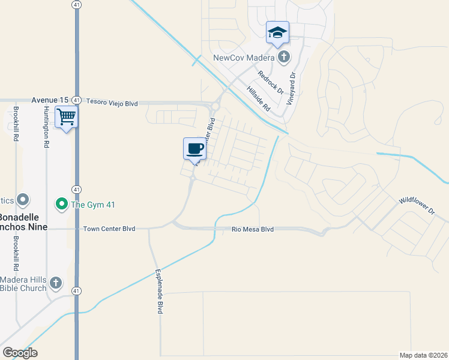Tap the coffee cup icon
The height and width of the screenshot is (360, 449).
(194, 148)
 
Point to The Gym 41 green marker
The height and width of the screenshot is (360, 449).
(61, 205)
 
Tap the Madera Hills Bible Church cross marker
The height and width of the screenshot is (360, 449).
(55, 283)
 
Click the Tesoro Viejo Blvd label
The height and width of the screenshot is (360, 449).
(112, 103)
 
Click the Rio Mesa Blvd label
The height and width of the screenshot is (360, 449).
(253, 229)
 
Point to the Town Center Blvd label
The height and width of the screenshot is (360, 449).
(109, 229)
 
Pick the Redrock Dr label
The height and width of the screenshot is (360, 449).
(270, 81)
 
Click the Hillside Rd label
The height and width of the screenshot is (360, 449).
(259, 98)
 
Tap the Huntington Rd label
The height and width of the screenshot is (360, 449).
(46, 127)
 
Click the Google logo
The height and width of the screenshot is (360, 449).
(20, 353)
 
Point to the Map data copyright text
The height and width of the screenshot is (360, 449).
(423, 355)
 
